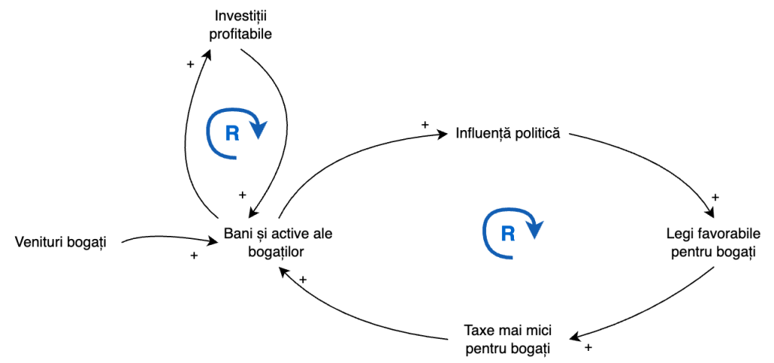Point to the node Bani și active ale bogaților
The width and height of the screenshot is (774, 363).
pyautogui.click(x=279, y=242)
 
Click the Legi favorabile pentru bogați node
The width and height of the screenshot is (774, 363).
pyautogui.click(x=711, y=242)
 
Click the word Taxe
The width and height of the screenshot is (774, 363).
pyautogui.click(x=478, y=330)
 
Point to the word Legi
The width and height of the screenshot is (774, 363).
pyautogui.click(x=680, y=233)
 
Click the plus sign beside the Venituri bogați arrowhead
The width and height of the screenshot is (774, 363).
pyautogui.click(x=194, y=256)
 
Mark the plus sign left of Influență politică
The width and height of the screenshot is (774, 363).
pyautogui.click(x=425, y=125)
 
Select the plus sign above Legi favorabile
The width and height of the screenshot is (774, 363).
pyautogui.click(x=715, y=197)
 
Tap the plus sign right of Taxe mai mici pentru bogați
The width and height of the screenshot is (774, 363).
pyautogui.click(x=588, y=349)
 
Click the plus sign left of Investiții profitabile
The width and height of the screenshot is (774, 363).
pyautogui.click(x=190, y=64)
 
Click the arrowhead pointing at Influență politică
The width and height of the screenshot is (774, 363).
pyautogui.click(x=444, y=135)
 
